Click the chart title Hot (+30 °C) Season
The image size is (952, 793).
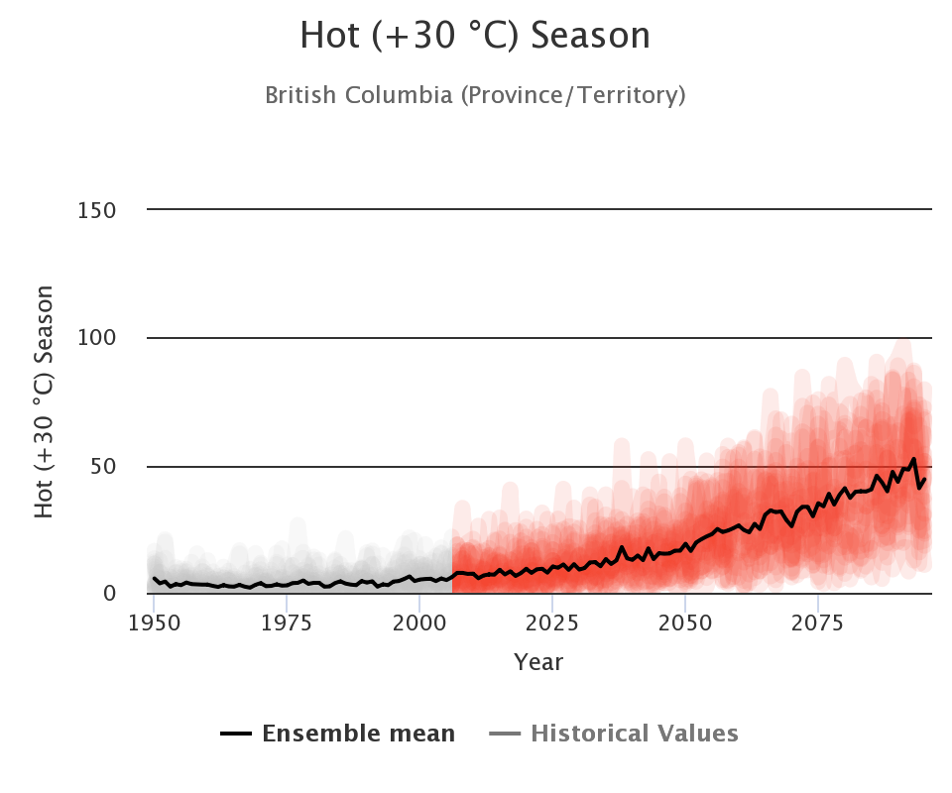(x=475, y=37)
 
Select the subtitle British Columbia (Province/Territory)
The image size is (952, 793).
(x=475, y=96)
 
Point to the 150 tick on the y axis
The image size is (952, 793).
(x=96, y=210)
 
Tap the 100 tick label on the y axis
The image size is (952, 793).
(x=96, y=338)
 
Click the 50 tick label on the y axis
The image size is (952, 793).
(x=103, y=466)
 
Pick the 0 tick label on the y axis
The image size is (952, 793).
(x=109, y=594)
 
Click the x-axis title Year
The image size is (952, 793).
(x=538, y=662)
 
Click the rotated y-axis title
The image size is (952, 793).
(x=45, y=400)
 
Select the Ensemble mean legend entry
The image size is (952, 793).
(x=358, y=735)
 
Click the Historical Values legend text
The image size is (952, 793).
(x=635, y=735)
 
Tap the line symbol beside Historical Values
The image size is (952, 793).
(x=505, y=735)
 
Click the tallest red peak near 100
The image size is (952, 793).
(x=902, y=346)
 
